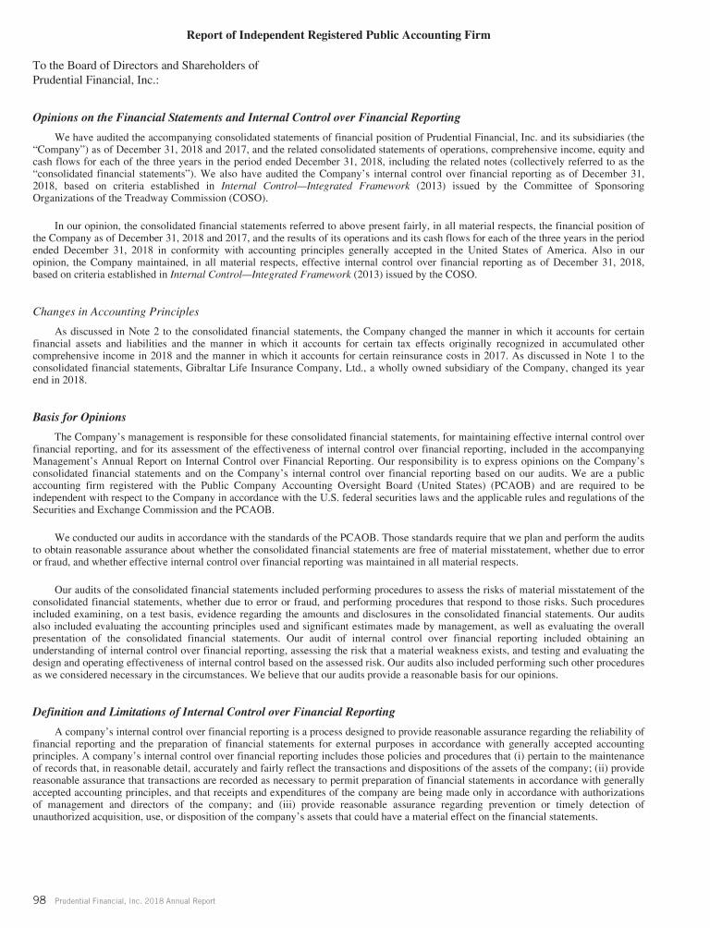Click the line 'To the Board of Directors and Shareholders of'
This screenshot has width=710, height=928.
pyautogui.click(x=145, y=66)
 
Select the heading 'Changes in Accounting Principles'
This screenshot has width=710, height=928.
pyautogui.click(x=116, y=311)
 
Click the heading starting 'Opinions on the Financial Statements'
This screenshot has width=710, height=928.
pyautogui.click(x=247, y=119)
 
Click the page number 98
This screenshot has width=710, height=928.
pyautogui.click(x=40, y=900)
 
